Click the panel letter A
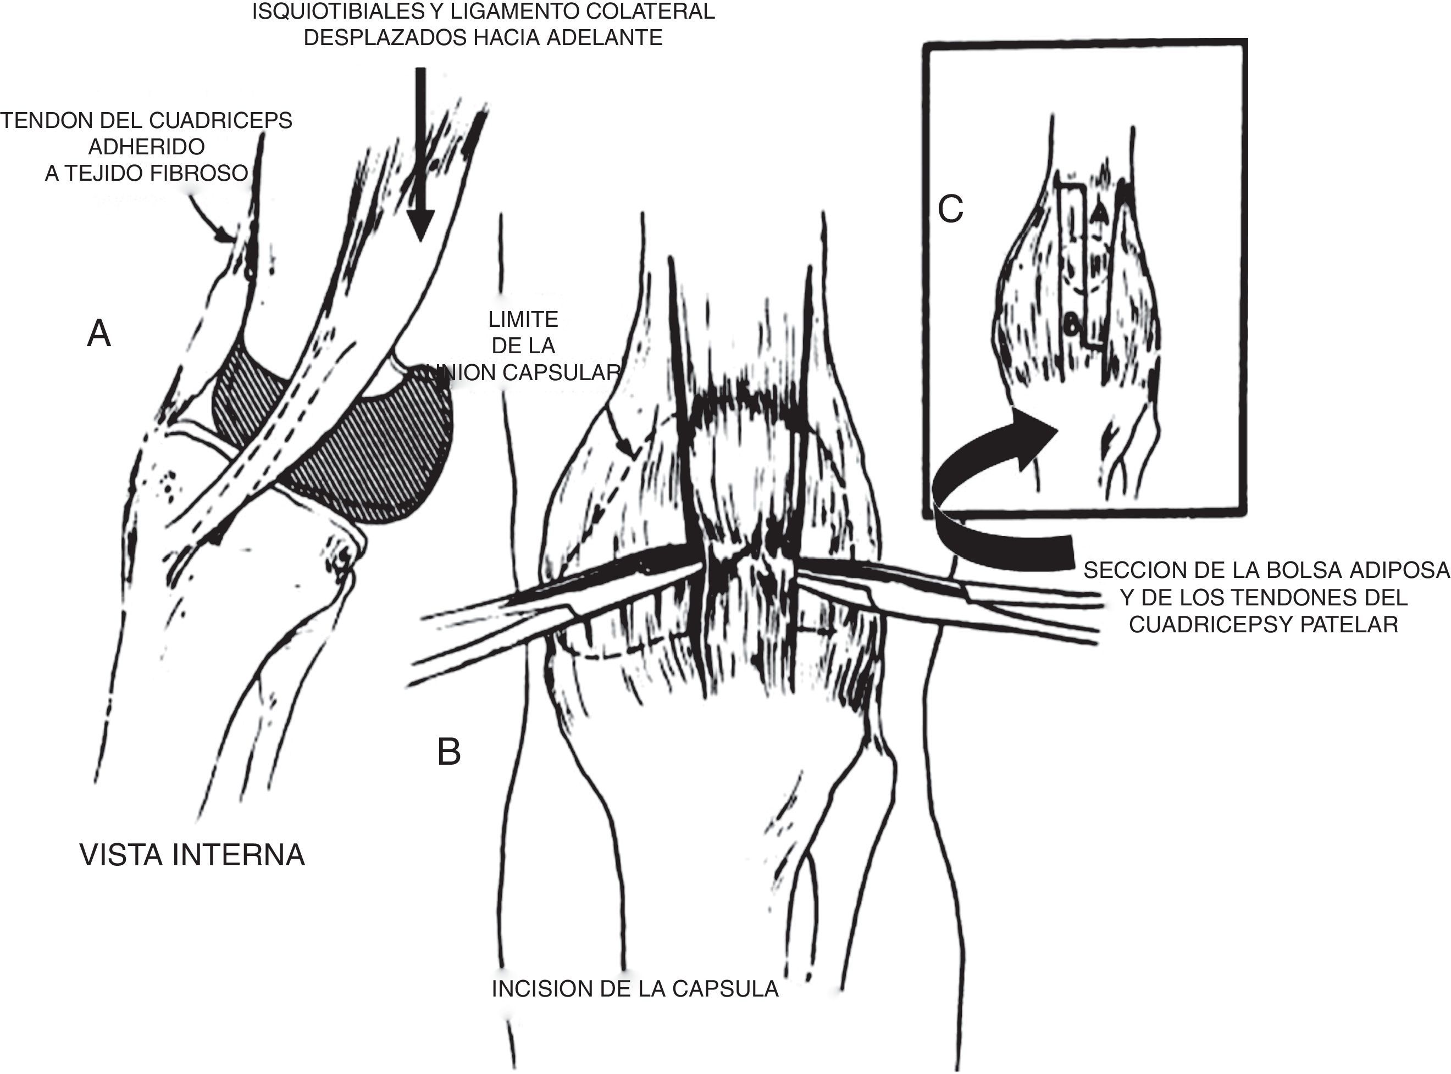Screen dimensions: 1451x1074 (x=99, y=335)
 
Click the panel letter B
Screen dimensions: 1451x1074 (x=448, y=752)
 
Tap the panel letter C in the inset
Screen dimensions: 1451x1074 (x=950, y=209)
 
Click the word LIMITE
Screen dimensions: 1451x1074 (x=523, y=319)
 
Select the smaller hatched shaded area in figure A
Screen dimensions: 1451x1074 (x=247, y=397)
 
